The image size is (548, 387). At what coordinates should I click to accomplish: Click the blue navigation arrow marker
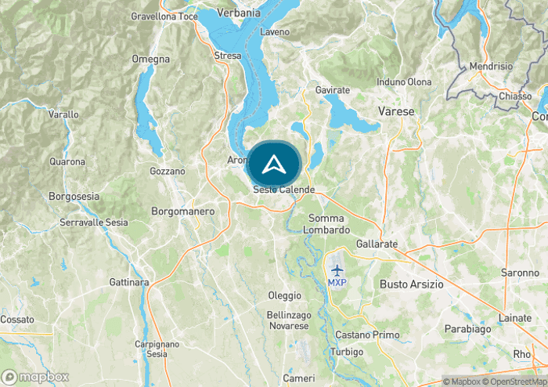[273, 165]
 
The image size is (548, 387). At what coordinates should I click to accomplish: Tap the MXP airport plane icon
[337, 269]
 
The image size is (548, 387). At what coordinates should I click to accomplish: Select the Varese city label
[396, 112]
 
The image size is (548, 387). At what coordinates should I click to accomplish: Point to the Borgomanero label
[182, 212]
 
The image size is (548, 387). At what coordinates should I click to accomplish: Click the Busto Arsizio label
[411, 284]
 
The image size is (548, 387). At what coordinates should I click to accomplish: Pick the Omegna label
[151, 59]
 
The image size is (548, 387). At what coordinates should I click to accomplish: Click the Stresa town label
[227, 56]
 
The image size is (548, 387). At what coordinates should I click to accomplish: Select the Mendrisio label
[490, 67]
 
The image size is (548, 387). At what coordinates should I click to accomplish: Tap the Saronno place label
[521, 273]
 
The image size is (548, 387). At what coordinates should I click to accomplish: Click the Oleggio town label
[284, 295]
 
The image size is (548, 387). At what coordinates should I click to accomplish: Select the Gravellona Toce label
[164, 16]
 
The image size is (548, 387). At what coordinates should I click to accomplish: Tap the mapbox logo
[35, 377]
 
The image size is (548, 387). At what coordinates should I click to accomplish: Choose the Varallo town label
[63, 114]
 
